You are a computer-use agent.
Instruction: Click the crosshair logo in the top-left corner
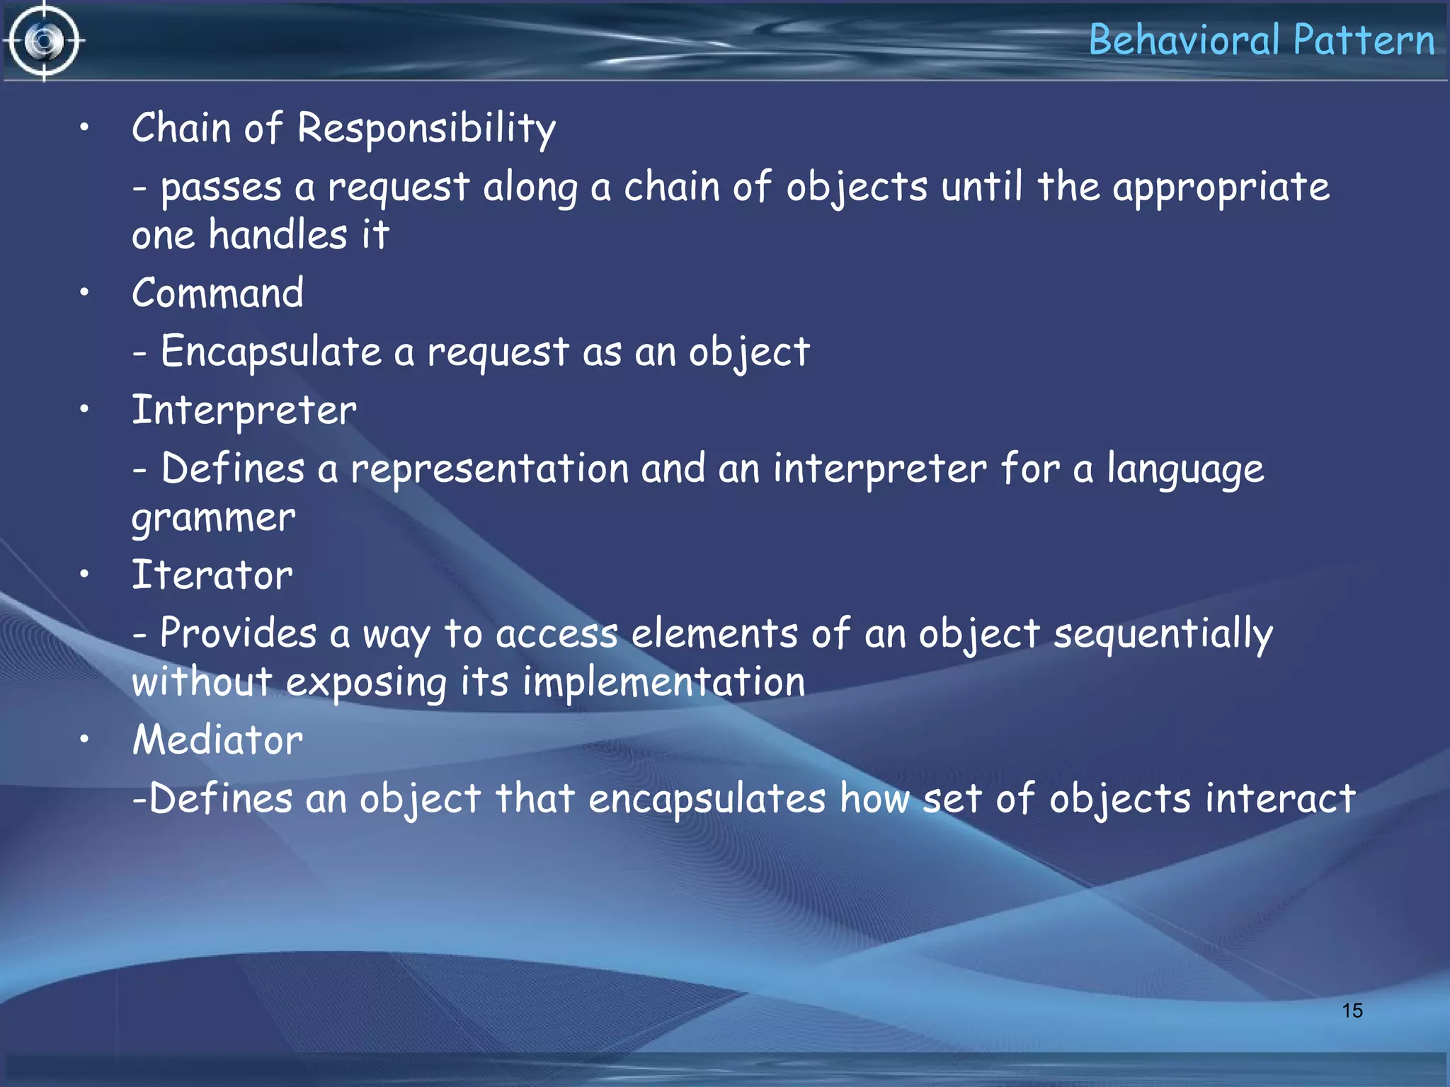(x=44, y=41)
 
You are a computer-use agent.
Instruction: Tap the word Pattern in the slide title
(x=1364, y=40)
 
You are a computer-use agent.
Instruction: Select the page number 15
(x=1352, y=1011)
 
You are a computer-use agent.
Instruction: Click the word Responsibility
(x=426, y=129)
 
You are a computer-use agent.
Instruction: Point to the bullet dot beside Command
(x=84, y=292)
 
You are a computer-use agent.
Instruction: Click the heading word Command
(x=217, y=293)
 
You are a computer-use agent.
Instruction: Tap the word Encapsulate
(x=271, y=352)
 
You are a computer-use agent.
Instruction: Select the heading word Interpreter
(x=244, y=410)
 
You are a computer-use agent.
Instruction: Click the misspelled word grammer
(x=213, y=518)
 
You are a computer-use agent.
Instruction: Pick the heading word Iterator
(x=212, y=575)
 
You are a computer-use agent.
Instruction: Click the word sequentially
(x=1163, y=634)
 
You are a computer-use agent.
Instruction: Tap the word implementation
(x=663, y=682)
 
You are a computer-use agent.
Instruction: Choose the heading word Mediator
(x=217, y=740)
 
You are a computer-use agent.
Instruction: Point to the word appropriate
(x=1221, y=188)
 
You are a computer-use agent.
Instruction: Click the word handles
(x=278, y=235)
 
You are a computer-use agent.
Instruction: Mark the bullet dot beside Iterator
(x=84, y=574)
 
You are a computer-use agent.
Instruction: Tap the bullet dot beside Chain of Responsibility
(x=84, y=128)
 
